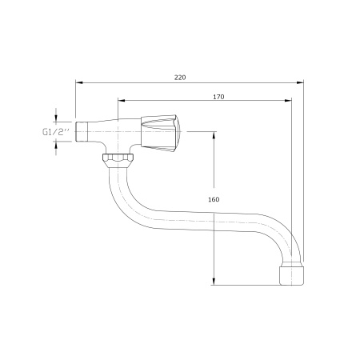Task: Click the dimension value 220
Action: [x=180, y=78]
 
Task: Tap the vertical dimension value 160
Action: [x=213, y=199]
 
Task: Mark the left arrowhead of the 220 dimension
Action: [x=79, y=82]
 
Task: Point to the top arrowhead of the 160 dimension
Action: [x=214, y=135]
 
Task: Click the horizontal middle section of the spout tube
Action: [x=200, y=219]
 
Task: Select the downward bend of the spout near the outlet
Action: [x=284, y=240]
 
